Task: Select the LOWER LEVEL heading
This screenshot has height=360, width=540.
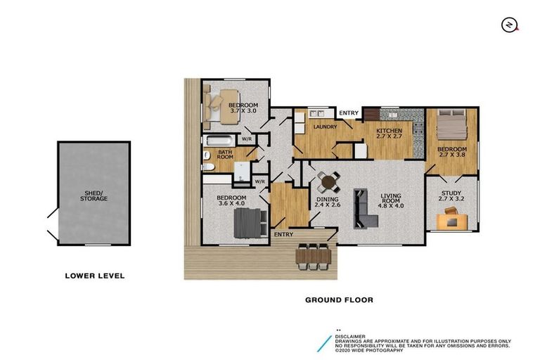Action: point(94,276)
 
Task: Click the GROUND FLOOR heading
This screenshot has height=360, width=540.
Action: point(338,300)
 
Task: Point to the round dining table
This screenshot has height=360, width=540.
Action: point(329,183)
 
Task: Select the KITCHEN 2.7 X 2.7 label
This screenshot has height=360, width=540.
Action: point(389,134)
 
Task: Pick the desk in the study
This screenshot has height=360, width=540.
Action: point(452,221)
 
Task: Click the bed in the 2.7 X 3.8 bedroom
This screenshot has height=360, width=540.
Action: point(451,125)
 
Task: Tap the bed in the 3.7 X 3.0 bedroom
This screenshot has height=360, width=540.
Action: point(225,104)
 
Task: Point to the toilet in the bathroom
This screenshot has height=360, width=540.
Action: point(208,167)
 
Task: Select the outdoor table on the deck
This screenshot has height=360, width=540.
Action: point(314,256)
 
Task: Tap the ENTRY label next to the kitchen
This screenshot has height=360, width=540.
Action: point(348,113)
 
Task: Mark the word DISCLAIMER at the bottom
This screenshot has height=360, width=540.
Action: point(351,336)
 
